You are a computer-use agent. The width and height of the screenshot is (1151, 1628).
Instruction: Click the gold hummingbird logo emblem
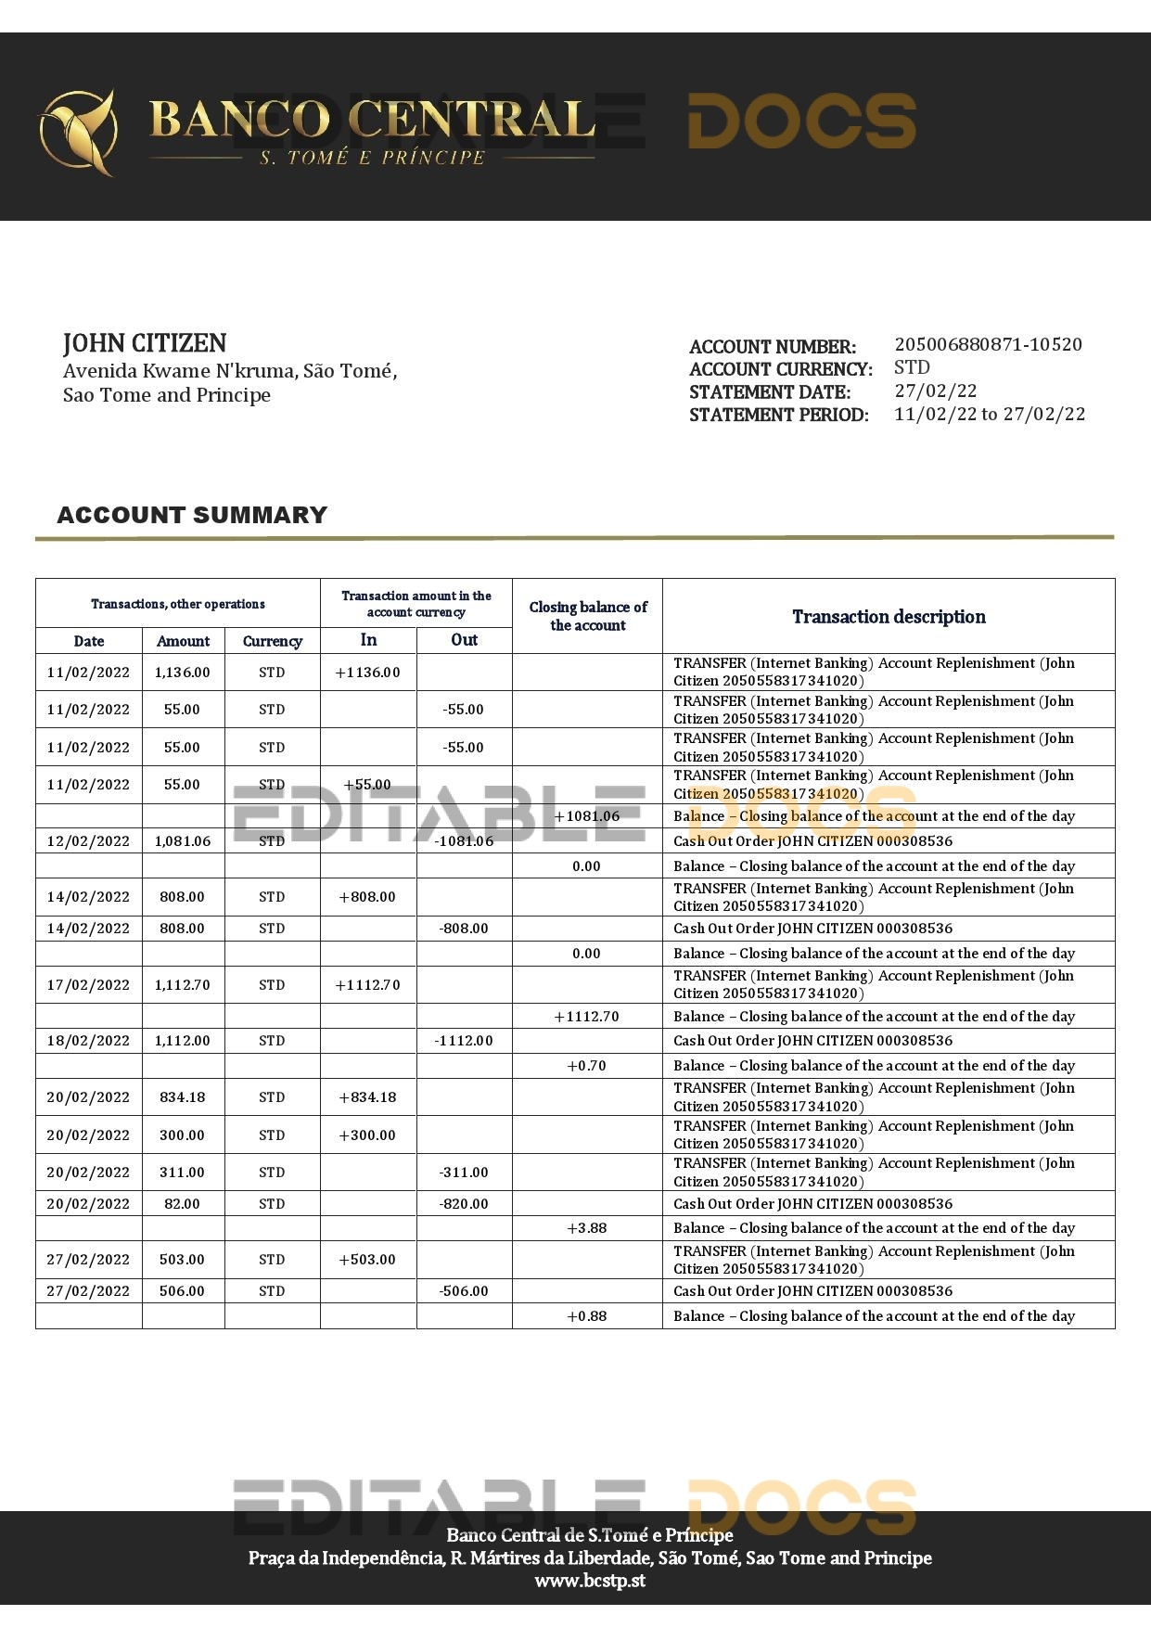(x=78, y=132)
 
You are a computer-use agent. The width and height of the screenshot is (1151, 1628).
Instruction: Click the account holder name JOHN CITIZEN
(x=145, y=343)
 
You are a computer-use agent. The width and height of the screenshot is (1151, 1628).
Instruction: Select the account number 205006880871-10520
(x=988, y=345)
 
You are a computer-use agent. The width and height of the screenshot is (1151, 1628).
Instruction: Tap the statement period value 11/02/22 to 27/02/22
(x=990, y=415)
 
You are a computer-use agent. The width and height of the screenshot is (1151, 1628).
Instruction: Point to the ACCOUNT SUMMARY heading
(x=192, y=516)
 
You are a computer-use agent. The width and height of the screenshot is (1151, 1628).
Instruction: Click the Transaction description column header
(x=889, y=617)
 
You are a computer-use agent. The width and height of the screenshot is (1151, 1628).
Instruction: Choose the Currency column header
(x=272, y=641)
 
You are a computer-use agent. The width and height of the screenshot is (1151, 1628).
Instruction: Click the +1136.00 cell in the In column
(x=368, y=673)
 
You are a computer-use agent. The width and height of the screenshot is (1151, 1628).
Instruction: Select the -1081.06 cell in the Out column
(x=464, y=841)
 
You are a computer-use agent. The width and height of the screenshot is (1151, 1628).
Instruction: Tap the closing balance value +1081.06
(x=586, y=816)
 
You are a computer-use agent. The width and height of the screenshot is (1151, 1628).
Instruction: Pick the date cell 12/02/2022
(x=88, y=841)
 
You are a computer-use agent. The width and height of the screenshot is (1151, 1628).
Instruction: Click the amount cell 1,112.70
(x=183, y=985)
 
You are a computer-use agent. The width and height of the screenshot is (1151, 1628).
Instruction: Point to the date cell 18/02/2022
(x=88, y=1041)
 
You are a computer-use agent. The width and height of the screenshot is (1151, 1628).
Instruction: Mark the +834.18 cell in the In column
(x=368, y=1097)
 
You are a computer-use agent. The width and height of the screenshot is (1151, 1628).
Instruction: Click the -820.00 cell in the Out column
(x=464, y=1204)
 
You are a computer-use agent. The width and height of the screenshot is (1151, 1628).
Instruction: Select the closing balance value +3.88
(x=586, y=1228)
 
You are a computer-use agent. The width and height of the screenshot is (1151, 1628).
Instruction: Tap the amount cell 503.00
(x=183, y=1260)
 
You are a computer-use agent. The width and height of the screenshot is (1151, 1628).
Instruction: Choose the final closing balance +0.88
(x=586, y=1316)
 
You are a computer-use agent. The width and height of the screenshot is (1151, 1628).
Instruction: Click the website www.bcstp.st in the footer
(x=590, y=1582)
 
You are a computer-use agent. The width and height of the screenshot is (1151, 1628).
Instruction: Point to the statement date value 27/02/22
(x=935, y=391)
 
